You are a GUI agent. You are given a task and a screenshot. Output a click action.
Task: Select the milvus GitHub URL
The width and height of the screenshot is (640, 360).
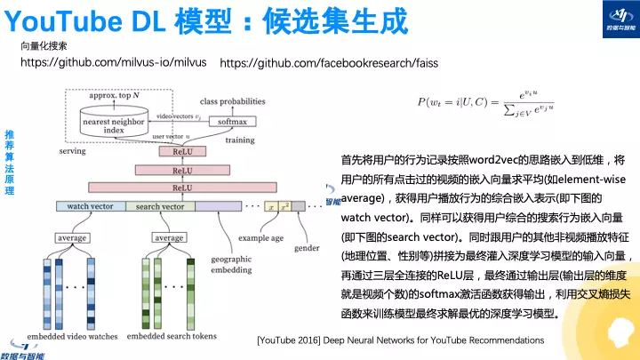[x=113, y=63]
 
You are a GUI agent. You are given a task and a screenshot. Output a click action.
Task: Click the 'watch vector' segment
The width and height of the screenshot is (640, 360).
[x=90, y=206]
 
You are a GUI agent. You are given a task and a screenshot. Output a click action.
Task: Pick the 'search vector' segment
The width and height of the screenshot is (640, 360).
[x=160, y=206]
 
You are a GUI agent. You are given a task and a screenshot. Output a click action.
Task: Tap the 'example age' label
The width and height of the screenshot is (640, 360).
[x=260, y=238]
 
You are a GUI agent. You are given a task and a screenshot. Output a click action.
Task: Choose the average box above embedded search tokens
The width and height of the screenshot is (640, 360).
[x=169, y=238]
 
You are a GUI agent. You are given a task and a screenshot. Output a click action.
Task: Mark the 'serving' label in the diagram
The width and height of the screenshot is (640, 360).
[x=72, y=152]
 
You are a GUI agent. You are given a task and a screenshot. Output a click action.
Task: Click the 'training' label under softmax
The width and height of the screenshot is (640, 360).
[x=239, y=140]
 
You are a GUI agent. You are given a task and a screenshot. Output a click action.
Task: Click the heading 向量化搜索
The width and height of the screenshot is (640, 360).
[x=44, y=44]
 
